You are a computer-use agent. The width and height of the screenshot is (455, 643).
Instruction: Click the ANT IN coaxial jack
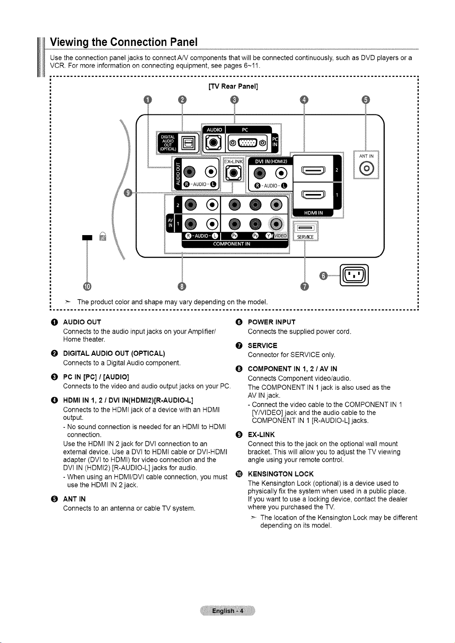[x=367, y=169]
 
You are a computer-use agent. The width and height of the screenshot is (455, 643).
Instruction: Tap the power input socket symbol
[x=354, y=275]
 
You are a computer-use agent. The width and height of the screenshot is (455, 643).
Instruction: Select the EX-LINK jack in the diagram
[x=233, y=173]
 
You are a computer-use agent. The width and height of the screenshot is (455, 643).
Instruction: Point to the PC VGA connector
[x=248, y=143]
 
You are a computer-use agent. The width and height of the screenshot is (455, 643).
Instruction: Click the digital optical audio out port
[x=188, y=143]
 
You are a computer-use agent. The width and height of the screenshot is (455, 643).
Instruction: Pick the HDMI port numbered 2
[x=313, y=171]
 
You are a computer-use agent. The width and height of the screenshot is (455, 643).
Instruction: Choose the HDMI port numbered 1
[x=313, y=195]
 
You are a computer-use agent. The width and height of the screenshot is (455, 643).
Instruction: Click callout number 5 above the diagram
[x=366, y=99]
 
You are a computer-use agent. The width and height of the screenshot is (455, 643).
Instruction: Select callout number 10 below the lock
[x=87, y=286]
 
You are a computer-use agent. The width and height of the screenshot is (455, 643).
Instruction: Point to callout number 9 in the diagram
[x=128, y=193]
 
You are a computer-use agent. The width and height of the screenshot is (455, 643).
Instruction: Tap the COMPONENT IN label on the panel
[x=232, y=244]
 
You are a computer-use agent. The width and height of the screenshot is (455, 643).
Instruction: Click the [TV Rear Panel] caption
[x=233, y=87]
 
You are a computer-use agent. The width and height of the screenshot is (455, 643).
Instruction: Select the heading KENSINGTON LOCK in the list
[x=281, y=474]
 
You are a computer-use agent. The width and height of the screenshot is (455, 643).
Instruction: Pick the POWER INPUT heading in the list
[x=271, y=322]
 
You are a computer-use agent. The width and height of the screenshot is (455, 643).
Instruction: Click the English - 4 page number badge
[x=227, y=611]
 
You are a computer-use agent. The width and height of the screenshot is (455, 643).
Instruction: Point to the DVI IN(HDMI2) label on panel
[x=271, y=161]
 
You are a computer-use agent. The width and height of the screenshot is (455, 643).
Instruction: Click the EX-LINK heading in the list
[x=261, y=434]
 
